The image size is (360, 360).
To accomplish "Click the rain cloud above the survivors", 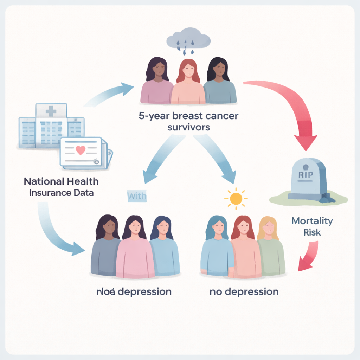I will tap(188, 39).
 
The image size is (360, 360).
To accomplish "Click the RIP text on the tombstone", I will tap(306, 175).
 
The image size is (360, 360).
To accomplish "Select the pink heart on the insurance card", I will tap(81, 150).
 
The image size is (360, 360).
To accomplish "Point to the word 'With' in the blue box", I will tap(136, 195).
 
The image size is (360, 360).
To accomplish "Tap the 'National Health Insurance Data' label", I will tap(61, 187).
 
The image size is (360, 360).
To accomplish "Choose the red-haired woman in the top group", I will tap(188, 83).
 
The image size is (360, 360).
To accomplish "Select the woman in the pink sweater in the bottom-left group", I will tap(135, 250).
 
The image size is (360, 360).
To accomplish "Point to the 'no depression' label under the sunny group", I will tap(244, 291).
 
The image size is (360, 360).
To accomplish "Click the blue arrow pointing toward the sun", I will tap(214, 158).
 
